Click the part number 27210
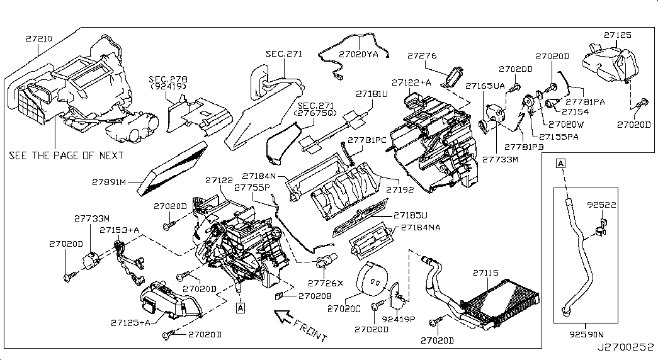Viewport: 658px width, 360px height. [39, 38]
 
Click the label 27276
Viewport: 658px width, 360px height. [422, 56]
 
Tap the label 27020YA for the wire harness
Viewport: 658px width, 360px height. [360, 54]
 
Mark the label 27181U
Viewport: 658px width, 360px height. [372, 94]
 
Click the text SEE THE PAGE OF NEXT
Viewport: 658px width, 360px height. [66, 155]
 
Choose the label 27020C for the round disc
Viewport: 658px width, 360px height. [344, 308]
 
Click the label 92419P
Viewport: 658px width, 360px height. [399, 318]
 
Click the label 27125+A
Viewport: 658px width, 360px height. [130, 323]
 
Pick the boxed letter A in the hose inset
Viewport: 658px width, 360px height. [559, 164]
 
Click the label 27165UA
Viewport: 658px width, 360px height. [485, 85]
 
